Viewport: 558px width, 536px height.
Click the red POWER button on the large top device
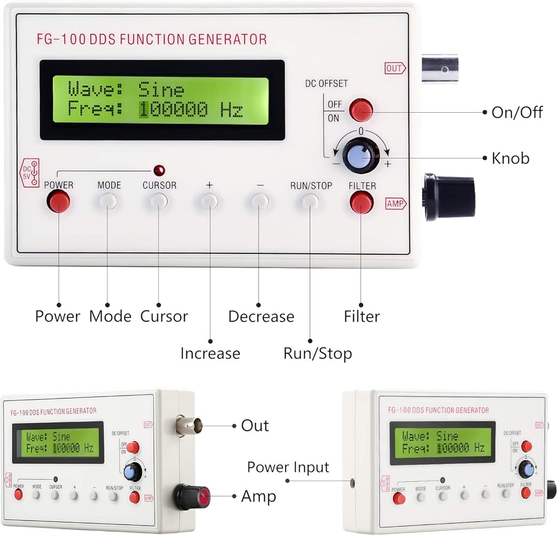(58, 201)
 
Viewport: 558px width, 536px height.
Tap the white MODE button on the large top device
(109, 201)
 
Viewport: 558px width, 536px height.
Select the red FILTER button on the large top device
(362, 202)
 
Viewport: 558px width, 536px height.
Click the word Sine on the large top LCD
(161, 89)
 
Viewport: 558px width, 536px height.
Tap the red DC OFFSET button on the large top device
(360, 111)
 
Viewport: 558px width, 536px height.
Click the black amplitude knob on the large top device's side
(449, 196)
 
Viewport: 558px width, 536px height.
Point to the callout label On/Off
(517, 112)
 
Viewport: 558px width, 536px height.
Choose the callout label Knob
(510, 159)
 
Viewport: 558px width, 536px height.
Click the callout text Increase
(210, 353)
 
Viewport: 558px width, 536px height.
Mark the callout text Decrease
(261, 317)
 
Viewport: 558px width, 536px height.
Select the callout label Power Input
(288, 467)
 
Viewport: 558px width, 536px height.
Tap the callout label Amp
(258, 496)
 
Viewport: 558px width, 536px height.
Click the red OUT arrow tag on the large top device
(395, 69)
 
